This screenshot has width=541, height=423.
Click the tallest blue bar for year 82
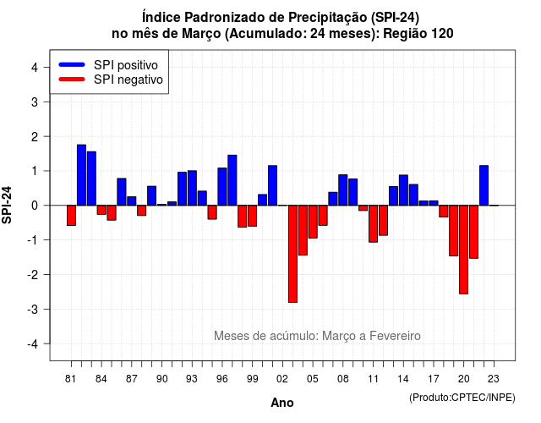pos(81,175)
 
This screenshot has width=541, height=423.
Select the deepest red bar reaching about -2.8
pos(292,254)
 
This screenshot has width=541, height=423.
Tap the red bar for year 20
pos(464,250)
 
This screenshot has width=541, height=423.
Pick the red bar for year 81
pos(71,216)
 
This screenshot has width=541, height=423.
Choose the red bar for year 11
pos(373,223)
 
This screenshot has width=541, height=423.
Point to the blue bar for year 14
pos(403,190)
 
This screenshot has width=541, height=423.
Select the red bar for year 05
pos(313,222)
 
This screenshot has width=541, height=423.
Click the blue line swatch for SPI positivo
pos(72,64)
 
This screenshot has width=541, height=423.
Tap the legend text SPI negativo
pos(128,80)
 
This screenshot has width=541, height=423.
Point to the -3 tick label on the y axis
pos(33,309)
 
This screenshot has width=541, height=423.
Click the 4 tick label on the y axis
pos(35,68)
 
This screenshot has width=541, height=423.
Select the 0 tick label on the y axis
pos(35,206)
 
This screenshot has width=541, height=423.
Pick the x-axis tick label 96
pos(222,379)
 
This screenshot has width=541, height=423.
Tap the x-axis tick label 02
pos(282,379)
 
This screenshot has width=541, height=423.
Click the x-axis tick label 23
pos(494,379)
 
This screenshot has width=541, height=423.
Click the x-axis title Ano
pos(282,403)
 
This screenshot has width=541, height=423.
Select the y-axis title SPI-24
pos(7,205)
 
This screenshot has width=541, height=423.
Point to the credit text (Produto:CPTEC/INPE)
pos(462,398)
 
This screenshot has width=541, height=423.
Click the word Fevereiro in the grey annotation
pos(395,336)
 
